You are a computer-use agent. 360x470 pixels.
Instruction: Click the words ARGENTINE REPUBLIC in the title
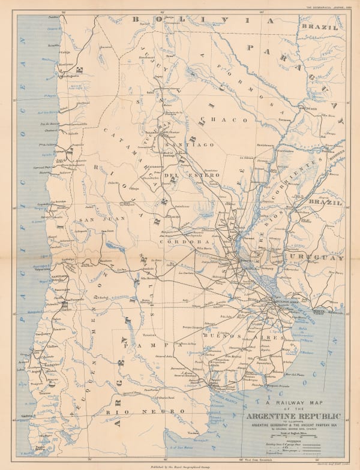(292, 416)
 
